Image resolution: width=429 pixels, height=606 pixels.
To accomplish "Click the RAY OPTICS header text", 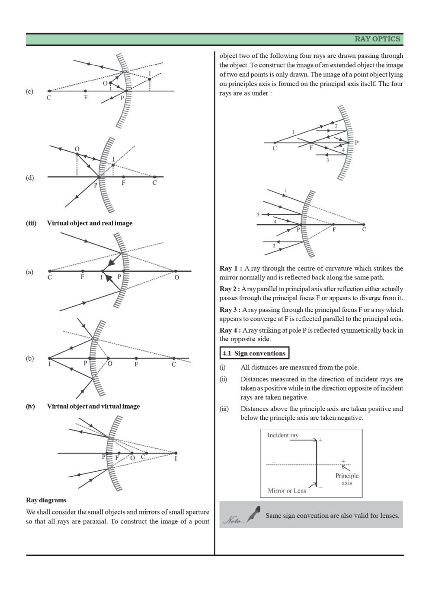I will point(377,39).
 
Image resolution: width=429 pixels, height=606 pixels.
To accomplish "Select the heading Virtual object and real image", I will point(90,223).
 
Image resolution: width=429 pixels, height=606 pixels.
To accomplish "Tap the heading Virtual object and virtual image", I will point(93,406).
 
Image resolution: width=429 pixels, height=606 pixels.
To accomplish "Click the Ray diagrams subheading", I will point(46,500).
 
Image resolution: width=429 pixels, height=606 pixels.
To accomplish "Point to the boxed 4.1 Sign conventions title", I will point(254,353).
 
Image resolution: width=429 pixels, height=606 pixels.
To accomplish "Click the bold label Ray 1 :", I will point(231,269).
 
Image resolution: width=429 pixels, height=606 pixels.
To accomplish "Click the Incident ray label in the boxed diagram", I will point(283,435).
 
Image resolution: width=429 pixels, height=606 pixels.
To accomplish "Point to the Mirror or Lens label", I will point(287,491).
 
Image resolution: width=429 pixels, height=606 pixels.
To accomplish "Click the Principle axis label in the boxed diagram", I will point(347,479).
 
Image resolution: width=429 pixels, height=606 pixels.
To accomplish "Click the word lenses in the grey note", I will point(387,516).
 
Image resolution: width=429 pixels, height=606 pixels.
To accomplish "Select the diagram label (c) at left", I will point(29,92).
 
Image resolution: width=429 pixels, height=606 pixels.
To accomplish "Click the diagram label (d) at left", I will point(29,178).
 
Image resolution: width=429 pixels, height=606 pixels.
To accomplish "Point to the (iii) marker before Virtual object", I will point(31,223).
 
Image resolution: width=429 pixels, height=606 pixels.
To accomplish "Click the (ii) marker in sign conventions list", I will point(223,379).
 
